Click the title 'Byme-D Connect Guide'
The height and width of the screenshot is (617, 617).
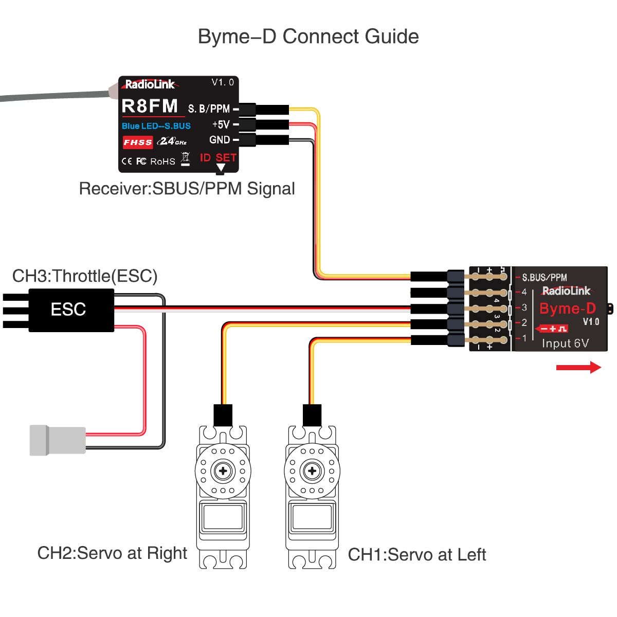(x=308, y=37)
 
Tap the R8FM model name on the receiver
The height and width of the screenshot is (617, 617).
(x=150, y=106)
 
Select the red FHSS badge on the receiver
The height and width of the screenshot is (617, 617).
(x=137, y=142)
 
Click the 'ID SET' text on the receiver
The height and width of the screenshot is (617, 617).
(x=218, y=157)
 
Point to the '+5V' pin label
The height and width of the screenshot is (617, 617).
(x=221, y=124)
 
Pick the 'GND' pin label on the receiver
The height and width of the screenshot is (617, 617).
(x=220, y=140)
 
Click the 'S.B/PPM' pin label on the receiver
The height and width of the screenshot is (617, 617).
(x=209, y=109)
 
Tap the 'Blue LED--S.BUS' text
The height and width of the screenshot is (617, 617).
(x=156, y=126)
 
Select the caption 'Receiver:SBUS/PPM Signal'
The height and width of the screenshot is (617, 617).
(x=187, y=189)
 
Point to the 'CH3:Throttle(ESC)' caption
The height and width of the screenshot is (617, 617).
(x=85, y=276)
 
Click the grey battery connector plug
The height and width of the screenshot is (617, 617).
(x=57, y=440)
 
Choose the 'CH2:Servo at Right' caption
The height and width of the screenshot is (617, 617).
(x=112, y=553)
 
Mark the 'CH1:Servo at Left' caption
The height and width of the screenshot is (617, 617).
(x=416, y=555)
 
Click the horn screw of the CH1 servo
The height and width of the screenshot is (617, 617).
(x=312, y=470)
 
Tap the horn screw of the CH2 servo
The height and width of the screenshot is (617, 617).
(x=223, y=470)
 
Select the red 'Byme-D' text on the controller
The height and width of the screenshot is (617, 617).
(x=567, y=308)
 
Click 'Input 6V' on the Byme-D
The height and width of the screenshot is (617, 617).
(x=565, y=343)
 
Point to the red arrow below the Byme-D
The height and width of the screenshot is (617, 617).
(x=578, y=367)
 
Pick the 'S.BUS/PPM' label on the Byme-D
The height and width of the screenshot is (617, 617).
(x=544, y=278)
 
